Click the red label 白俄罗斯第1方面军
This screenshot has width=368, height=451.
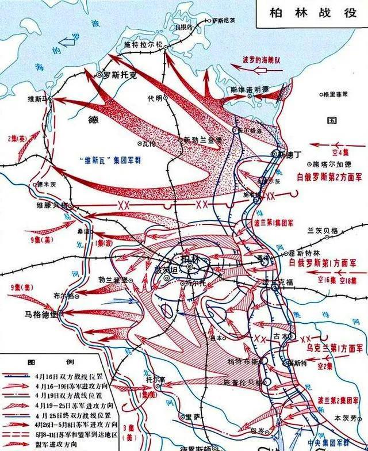coord(329,262)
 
